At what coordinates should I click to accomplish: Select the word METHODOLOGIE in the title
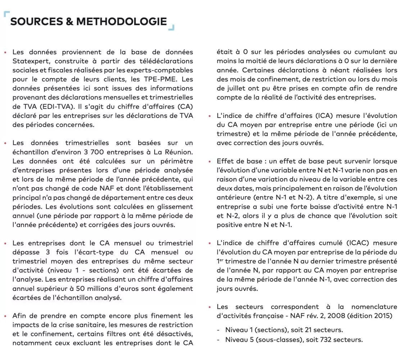pyautogui.click(x=122, y=22)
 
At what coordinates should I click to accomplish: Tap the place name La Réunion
pyautogui.click(x=176, y=152)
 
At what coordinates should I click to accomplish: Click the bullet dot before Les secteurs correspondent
pyautogui.click(x=210, y=307)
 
